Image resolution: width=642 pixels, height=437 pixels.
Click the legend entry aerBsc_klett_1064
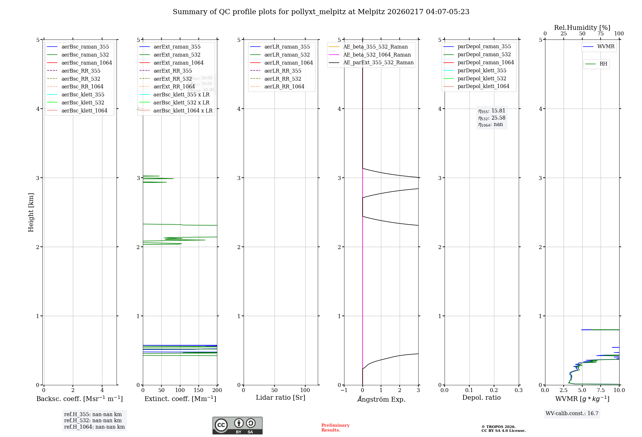(84, 111)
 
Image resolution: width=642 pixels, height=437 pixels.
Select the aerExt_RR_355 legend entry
(173, 71)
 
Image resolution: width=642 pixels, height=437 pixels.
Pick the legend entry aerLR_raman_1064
(289, 63)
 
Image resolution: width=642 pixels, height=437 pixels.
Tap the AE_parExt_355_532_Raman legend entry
(378, 62)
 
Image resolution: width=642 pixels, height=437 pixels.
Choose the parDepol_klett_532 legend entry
(482, 78)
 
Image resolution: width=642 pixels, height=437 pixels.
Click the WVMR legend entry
(606, 47)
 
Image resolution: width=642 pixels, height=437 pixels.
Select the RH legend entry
(603, 64)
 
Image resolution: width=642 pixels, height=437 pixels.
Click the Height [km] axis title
(31, 212)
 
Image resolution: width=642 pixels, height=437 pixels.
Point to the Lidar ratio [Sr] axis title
(281, 397)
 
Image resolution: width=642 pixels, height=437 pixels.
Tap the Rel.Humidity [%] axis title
(582, 28)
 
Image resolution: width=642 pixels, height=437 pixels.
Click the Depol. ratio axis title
(481, 397)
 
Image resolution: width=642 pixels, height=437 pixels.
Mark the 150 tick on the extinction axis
(199, 390)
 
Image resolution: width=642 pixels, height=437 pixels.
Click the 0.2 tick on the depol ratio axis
(494, 390)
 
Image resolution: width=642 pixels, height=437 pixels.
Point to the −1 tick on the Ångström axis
(344, 390)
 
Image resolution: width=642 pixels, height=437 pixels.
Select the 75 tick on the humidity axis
(601, 33)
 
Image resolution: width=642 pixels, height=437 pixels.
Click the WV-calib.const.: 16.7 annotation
(572, 413)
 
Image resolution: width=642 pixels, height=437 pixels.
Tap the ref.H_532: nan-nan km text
(93, 420)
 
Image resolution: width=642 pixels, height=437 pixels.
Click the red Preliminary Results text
(335, 427)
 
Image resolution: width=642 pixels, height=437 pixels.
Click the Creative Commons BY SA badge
(237, 425)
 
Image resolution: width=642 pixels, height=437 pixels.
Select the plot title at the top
(321, 12)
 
